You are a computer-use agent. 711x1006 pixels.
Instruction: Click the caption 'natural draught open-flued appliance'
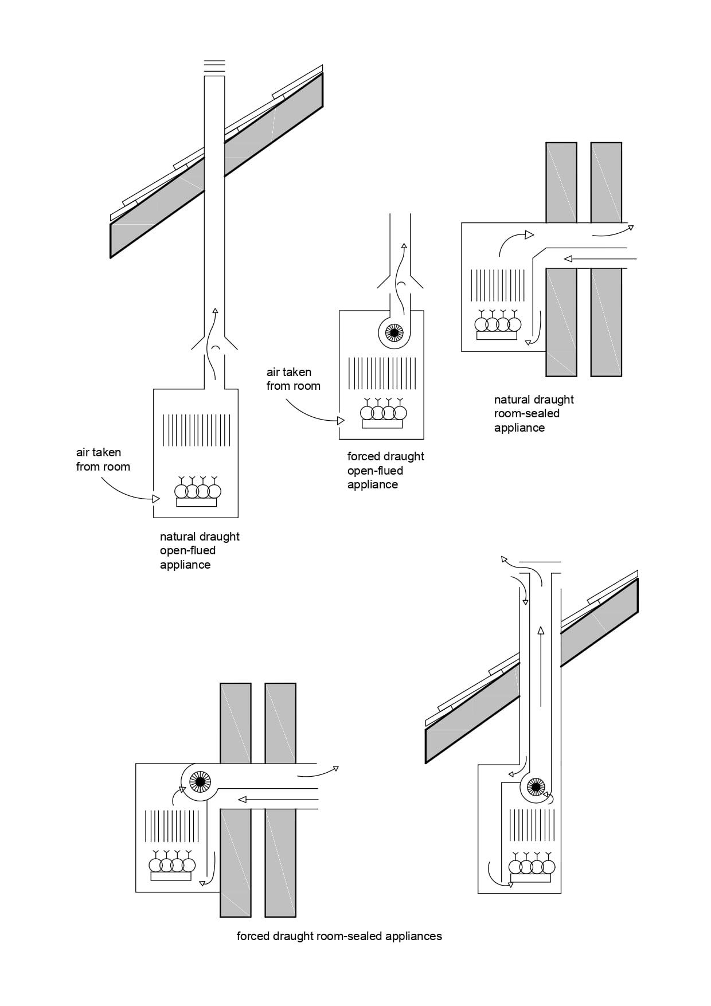pyautogui.click(x=200, y=550)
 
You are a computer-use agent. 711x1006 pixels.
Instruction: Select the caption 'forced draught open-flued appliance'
pyautogui.click(x=385, y=470)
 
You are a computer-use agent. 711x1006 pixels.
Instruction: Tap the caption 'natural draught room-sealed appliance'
pyautogui.click(x=534, y=413)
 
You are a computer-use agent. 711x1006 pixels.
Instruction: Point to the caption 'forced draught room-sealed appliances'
pyautogui.click(x=339, y=936)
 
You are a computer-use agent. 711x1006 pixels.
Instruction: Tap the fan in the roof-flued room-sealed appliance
pyautogui.click(x=536, y=786)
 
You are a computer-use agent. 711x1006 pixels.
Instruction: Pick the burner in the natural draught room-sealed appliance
pyautogui.click(x=497, y=326)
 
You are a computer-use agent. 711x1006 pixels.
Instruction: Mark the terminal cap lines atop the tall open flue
pyautogui.click(x=214, y=66)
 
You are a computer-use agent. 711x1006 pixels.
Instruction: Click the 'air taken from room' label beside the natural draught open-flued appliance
pyautogui.click(x=103, y=459)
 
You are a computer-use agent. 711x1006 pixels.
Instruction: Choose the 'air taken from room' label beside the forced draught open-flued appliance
pyautogui.click(x=293, y=379)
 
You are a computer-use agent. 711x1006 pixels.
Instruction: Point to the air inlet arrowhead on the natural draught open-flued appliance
pyautogui.click(x=156, y=499)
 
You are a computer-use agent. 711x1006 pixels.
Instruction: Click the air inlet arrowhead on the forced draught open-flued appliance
pyautogui.click(x=341, y=421)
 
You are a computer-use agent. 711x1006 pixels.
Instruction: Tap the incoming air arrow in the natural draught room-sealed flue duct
pyautogui.click(x=599, y=259)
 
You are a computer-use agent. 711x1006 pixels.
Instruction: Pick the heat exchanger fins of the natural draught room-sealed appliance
pyautogui.click(x=498, y=285)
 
